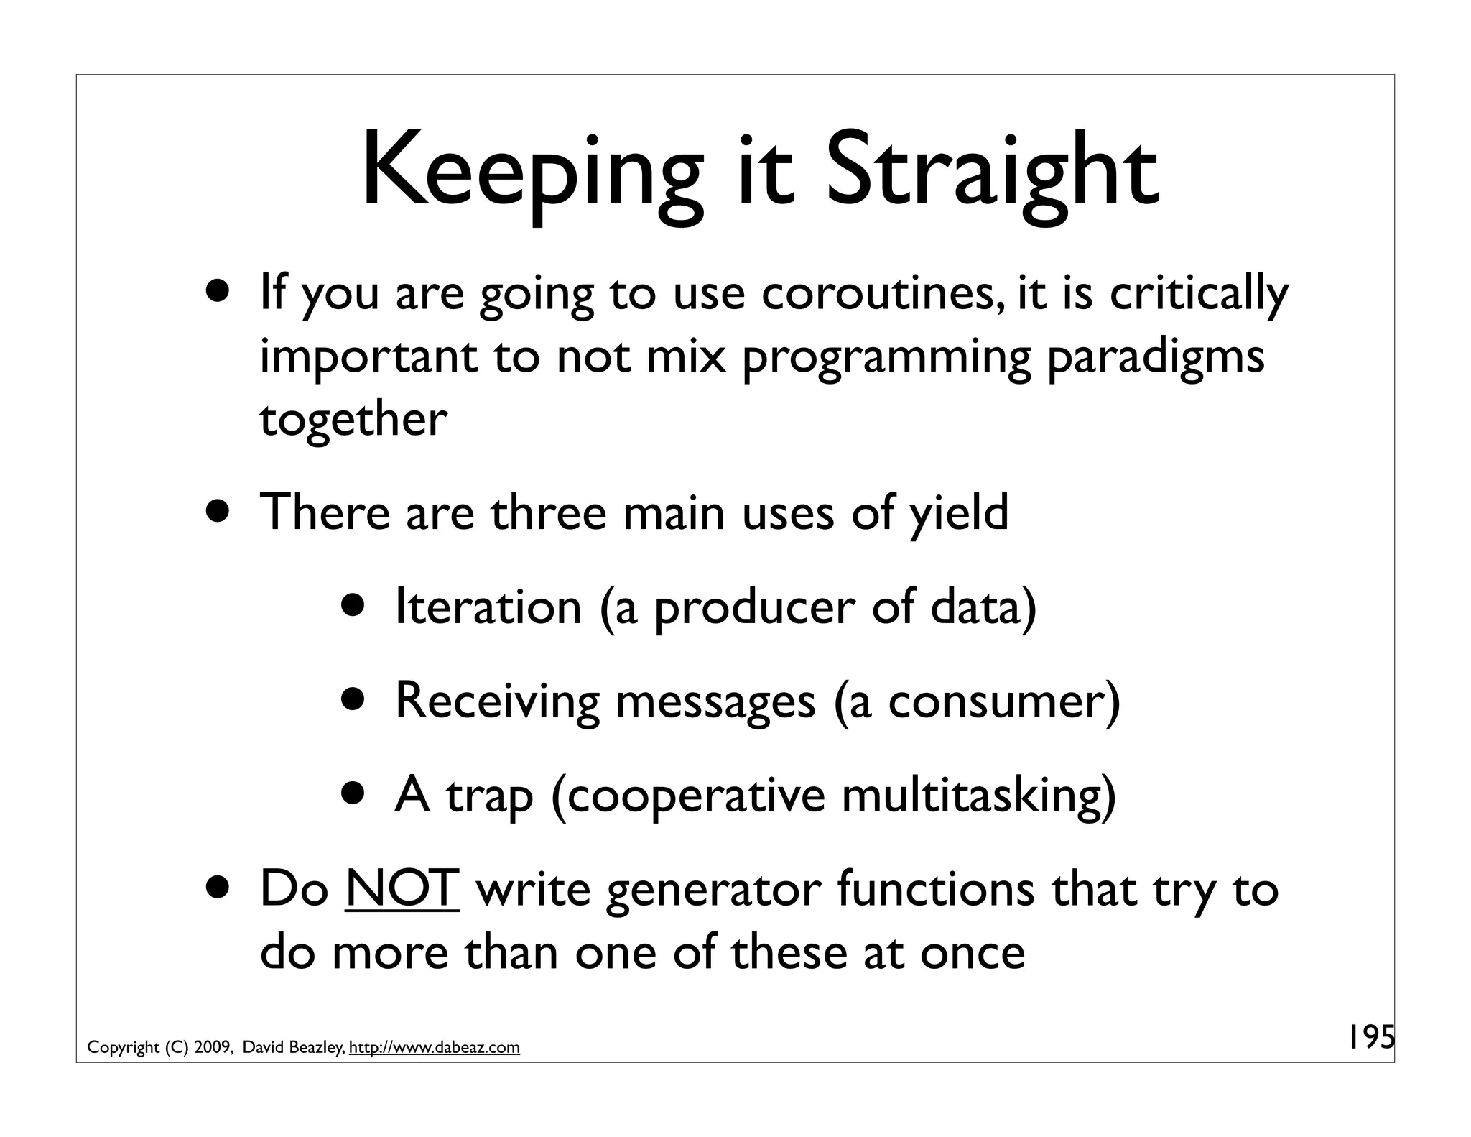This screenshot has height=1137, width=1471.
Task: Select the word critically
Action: [x=1198, y=295]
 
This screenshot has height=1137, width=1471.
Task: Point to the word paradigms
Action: [x=1155, y=358]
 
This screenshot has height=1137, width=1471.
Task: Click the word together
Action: [x=353, y=420]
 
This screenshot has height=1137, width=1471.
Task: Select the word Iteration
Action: [x=488, y=607]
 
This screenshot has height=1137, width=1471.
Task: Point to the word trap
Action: [x=488, y=797]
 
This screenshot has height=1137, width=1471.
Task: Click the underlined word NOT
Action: [x=402, y=889]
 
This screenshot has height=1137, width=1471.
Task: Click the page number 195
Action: [x=1368, y=1037]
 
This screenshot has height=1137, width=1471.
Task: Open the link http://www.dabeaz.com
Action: [x=434, y=1048]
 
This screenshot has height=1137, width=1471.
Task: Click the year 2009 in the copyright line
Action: [x=210, y=1048]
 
